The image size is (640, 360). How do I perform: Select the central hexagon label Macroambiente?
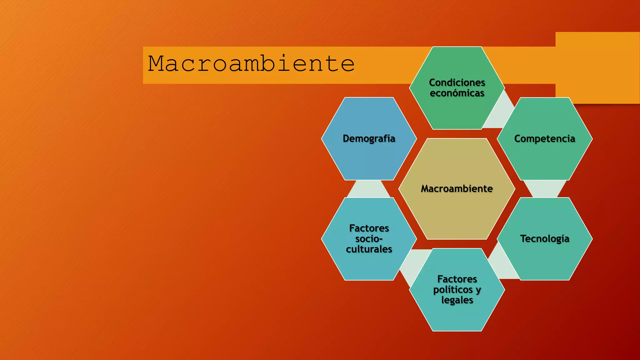(457, 189)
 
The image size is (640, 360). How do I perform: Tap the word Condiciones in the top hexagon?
(457, 82)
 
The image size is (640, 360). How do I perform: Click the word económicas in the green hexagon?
(457, 93)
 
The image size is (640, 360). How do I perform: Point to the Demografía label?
(369, 138)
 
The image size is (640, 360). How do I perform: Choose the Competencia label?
(544, 138)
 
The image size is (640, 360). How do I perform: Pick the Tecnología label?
(544, 239)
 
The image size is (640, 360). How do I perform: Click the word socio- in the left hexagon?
(369, 239)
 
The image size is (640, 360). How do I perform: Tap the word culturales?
(369, 249)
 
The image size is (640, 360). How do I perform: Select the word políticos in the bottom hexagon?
(453, 290)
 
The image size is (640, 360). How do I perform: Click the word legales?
(457, 300)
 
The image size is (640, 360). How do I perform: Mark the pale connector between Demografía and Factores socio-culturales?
(369, 189)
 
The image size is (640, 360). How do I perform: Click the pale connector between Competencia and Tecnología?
(545, 189)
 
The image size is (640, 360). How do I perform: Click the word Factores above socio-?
(369, 228)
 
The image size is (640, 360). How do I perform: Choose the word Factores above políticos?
(457, 279)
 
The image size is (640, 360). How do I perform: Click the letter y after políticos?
(478, 290)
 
